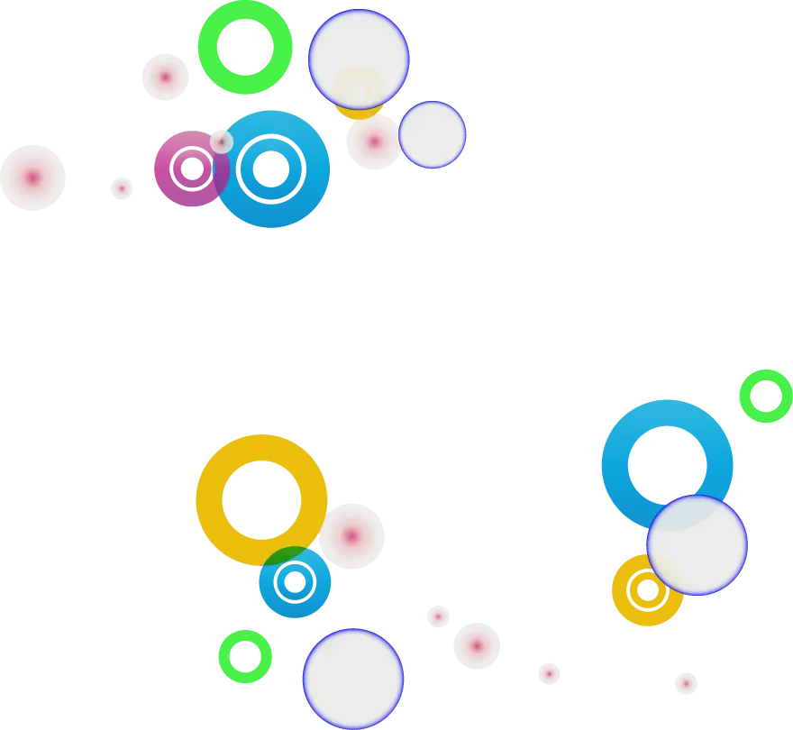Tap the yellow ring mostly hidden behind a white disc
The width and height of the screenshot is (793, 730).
pos(358,112)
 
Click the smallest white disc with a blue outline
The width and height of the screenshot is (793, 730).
pos(433,134)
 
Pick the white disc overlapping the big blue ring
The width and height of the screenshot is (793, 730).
pos(697,545)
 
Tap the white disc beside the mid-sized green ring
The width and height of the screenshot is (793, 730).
pos(353,679)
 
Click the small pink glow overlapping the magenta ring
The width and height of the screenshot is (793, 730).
pos(221,141)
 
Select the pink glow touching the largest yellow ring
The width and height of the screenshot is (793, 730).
pos(351,536)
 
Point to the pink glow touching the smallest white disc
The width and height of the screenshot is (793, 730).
pos(374,141)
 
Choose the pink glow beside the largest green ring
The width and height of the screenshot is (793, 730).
pos(165,77)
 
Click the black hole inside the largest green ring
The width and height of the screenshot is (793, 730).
pos(245,47)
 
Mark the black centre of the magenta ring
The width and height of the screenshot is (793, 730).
pos(192,169)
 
